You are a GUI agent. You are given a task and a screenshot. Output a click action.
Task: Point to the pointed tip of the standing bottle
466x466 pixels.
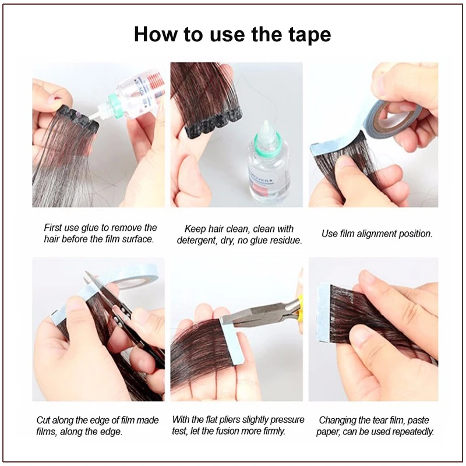click(x=266, y=121)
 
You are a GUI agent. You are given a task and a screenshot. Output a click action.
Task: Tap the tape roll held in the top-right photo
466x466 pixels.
click(x=395, y=119)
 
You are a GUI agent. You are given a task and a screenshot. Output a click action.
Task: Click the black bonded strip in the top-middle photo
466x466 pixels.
click(x=214, y=125)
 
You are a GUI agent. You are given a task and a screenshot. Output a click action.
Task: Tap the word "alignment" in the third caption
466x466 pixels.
click(x=376, y=234)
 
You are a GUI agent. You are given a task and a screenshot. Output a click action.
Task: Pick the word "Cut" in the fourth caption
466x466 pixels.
click(x=43, y=420)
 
